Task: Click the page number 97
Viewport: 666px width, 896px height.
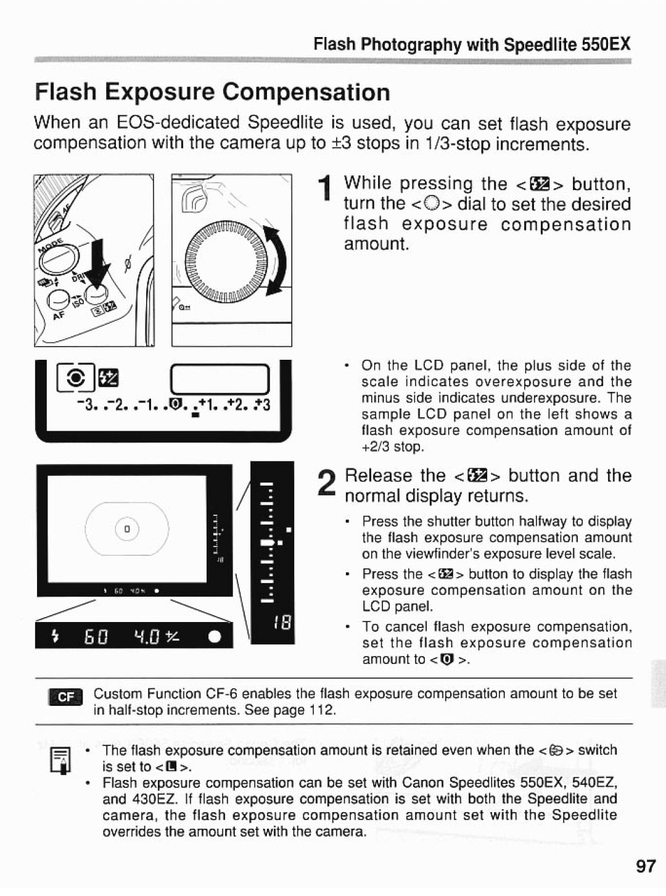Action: [x=645, y=866]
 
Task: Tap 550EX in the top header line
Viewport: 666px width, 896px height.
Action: [x=606, y=44]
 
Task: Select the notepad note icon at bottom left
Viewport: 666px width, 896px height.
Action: [x=64, y=760]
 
